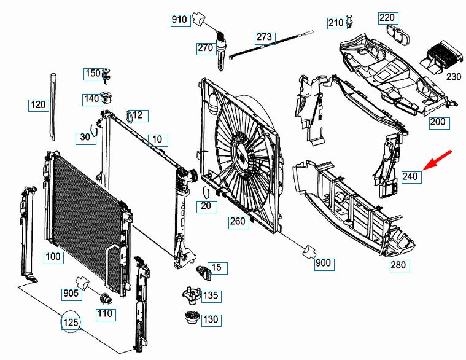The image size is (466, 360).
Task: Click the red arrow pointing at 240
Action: (x=437, y=160)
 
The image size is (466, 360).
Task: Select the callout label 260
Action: (x=238, y=222)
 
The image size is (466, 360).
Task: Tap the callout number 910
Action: (x=181, y=20)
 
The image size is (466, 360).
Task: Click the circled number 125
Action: (x=71, y=322)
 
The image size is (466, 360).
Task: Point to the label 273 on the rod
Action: (x=265, y=37)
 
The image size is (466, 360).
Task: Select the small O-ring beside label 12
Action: (x=130, y=116)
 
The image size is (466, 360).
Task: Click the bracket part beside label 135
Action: (x=192, y=295)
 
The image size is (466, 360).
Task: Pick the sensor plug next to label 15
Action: (x=203, y=272)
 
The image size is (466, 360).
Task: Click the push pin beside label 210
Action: (x=349, y=21)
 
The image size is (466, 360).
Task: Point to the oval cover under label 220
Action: (x=398, y=34)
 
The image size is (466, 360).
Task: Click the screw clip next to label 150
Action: (x=106, y=76)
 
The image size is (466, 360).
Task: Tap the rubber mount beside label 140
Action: (x=107, y=98)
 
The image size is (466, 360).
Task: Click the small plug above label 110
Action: (x=106, y=299)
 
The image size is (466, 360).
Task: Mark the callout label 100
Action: (x=54, y=257)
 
